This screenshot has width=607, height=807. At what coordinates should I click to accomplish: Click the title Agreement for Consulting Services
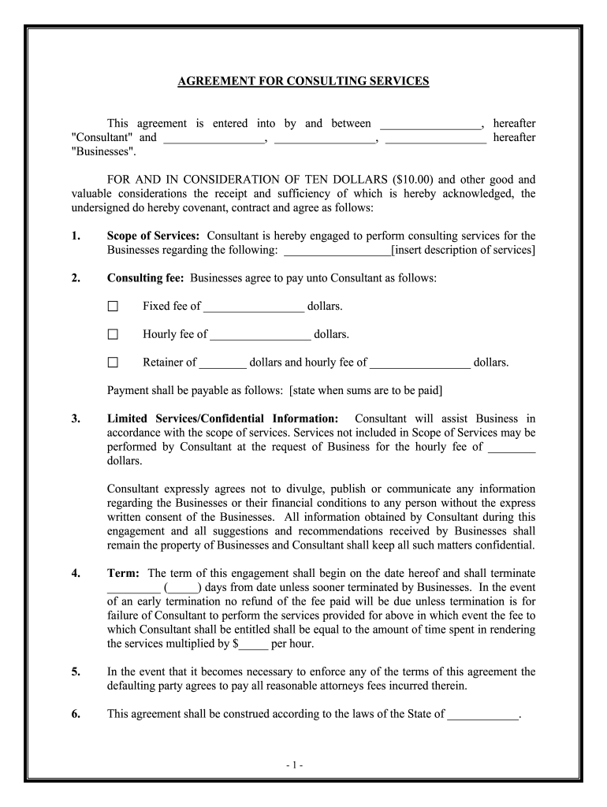(x=303, y=81)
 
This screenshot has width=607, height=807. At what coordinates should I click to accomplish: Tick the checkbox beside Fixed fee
(x=113, y=307)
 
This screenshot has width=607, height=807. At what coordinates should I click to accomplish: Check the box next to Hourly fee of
(x=113, y=335)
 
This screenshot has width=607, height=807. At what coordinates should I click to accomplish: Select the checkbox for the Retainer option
(x=113, y=363)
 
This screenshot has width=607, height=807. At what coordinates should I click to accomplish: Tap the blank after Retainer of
(x=223, y=363)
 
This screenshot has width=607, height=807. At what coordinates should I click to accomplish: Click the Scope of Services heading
(x=153, y=236)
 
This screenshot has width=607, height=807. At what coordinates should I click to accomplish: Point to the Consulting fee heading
(x=145, y=278)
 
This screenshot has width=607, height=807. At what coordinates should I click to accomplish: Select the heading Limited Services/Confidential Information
(x=222, y=418)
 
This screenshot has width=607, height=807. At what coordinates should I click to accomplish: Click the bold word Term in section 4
(x=123, y=573)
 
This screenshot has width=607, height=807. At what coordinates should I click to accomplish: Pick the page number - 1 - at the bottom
(x=303, y=765)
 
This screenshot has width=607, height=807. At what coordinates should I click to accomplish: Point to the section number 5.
(x=76, y=672)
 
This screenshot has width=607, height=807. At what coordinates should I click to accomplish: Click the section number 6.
(x=76, y=715)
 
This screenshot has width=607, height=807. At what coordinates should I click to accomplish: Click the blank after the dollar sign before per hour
(x=253, y=644)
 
